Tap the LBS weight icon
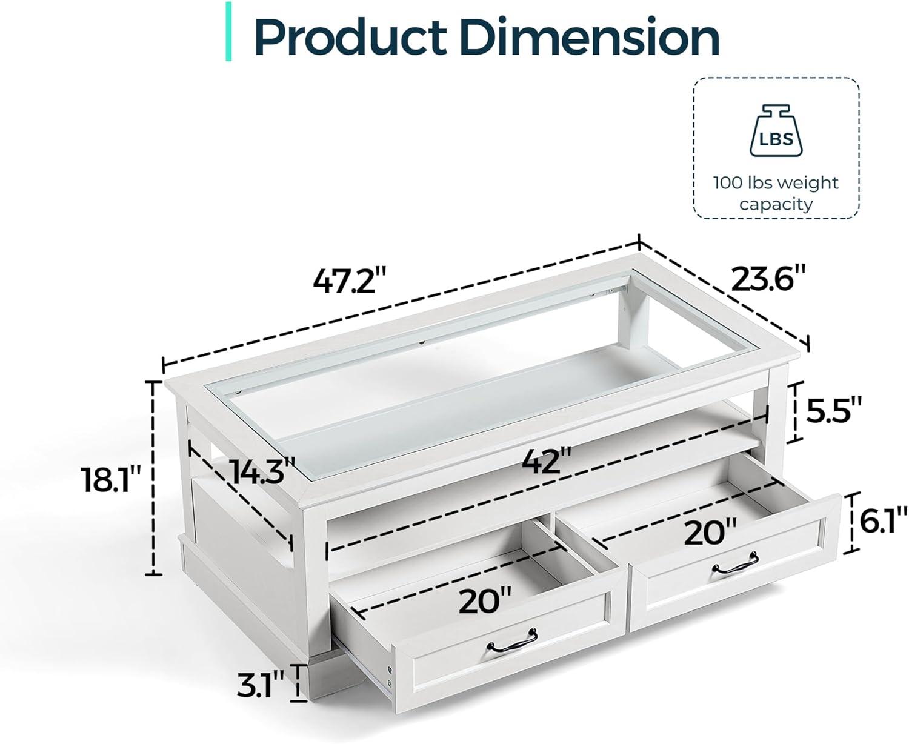point(776,130)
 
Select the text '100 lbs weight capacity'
point(776,193)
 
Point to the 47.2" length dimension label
point(350,281)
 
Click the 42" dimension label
point(547,461)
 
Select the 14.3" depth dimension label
point(263,471)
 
